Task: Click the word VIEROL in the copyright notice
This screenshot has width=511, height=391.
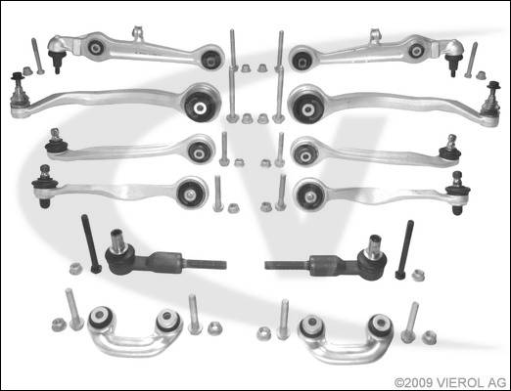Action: [462, 382]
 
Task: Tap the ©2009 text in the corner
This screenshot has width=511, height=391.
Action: [414, 382]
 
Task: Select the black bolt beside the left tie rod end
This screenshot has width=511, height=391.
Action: [92, 243]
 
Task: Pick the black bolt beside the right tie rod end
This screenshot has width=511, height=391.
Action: [404, 249]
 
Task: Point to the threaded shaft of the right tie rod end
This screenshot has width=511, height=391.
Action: [287, 265]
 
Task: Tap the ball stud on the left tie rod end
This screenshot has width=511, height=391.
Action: [117, 240]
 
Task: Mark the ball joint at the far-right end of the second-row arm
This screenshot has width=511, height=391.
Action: [491, 99]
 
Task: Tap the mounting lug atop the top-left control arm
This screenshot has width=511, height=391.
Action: [138, 33]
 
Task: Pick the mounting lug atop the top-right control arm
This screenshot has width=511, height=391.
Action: [376, 36]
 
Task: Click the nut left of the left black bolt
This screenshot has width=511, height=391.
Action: [75, 268]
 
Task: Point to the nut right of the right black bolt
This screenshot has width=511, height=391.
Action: [418, 276]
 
